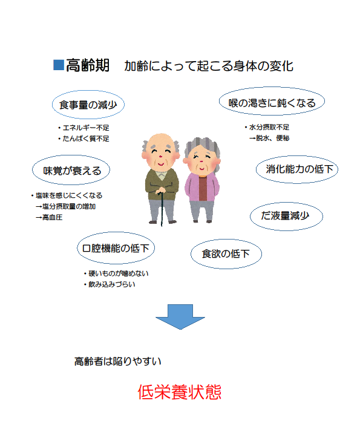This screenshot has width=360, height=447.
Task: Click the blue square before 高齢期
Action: (x=59, y=65)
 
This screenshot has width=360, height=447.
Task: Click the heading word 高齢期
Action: (x=88, y=65)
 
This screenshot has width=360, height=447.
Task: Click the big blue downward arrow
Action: (x=180, y=317)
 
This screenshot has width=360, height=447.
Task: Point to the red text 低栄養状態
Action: (x=180, y=392)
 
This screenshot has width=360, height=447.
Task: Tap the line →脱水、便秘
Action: (x=269, y=138)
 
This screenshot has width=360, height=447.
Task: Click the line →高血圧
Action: (x=49, y=217)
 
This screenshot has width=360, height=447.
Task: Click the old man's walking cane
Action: (x=162, y=209)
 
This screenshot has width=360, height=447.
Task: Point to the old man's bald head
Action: (x=161, y=140)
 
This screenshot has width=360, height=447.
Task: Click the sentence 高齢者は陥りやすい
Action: (x=118, y=361)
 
